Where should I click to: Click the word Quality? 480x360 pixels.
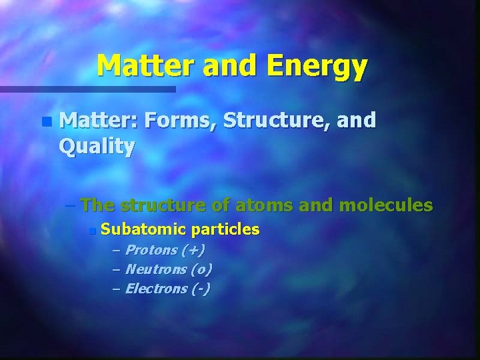(97, 146)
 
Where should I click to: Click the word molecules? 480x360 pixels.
(386, 205)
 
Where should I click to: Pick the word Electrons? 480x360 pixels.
(157, 289)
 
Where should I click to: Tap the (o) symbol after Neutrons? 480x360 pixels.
(201, 269)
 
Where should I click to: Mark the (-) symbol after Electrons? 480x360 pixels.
(200, 289)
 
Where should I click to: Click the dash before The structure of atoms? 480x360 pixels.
(72, 205)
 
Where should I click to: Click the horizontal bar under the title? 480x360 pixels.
(87, 89)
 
